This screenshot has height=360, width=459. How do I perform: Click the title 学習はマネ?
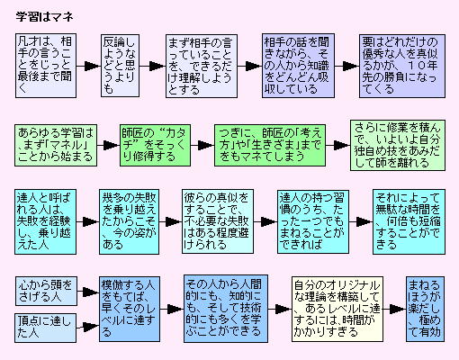44,17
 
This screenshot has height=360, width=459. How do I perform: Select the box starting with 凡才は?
46,66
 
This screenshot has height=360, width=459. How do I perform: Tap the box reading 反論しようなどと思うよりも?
120,66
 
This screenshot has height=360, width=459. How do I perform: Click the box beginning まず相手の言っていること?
202,66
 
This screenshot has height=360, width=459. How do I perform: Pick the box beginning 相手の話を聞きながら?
298,66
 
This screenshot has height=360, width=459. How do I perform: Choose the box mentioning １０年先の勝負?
402,66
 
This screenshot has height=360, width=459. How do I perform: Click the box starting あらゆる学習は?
56,145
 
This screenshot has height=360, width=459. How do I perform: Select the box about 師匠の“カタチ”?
155,145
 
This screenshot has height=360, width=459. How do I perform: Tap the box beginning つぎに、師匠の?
270,145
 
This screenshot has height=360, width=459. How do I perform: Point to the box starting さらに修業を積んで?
398,146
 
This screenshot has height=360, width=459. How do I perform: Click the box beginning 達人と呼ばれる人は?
45,221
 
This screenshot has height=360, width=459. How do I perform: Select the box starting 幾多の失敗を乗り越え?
130,221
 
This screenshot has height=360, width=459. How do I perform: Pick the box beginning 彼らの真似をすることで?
218,221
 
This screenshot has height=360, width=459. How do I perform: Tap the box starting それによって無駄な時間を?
409,221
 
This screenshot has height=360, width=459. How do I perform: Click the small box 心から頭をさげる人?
46,291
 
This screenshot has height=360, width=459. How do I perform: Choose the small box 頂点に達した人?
45,328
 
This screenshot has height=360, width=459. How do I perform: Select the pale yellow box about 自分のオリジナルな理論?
337,309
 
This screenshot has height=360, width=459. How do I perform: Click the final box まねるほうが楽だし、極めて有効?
425,309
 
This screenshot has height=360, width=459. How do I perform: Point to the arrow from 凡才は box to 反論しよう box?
88,66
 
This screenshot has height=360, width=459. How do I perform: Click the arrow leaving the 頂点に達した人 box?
87,327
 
